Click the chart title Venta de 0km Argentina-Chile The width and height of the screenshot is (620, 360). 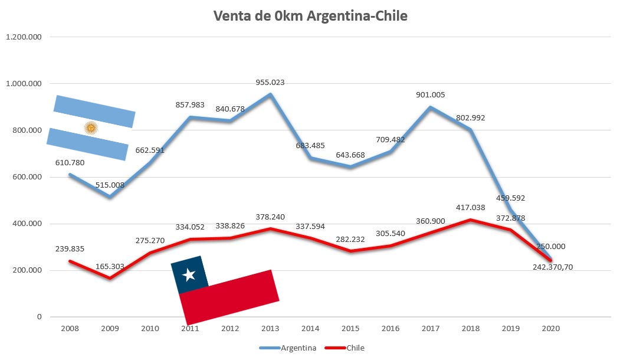[310, 16]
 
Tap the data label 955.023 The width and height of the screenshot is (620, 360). [270, 83]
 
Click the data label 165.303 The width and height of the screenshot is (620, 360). [109, 267]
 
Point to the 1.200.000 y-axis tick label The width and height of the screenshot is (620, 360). [24, 37]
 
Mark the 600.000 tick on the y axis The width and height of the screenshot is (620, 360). [26, 177]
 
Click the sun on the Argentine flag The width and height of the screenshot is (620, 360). [91, 127]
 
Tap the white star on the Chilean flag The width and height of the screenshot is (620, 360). [189, 274]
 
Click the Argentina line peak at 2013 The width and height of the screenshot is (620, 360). [270, 94]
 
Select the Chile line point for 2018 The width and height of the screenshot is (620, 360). [470, 220]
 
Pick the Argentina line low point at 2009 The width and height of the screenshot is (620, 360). [110, 197]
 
